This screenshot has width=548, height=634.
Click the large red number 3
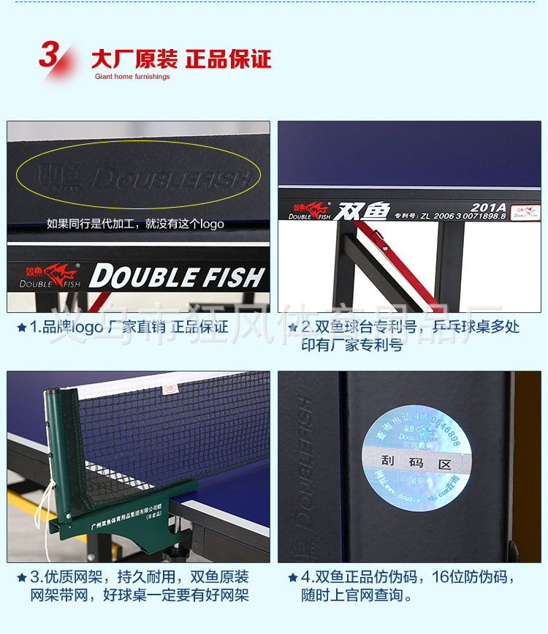tap(49, 56)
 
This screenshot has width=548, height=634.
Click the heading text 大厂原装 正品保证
tap(180, 59)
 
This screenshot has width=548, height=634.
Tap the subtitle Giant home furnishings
tap(132, 77)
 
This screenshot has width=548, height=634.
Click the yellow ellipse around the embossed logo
tap(138, 176)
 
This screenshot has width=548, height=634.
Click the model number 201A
tap(487, 207)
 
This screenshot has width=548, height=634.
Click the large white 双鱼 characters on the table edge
tap(363, 211)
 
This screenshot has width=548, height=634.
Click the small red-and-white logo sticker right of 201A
tap(525, 212)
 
